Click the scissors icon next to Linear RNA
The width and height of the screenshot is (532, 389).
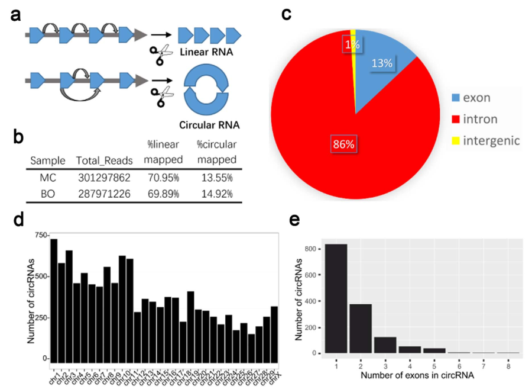tap(160, 54)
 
